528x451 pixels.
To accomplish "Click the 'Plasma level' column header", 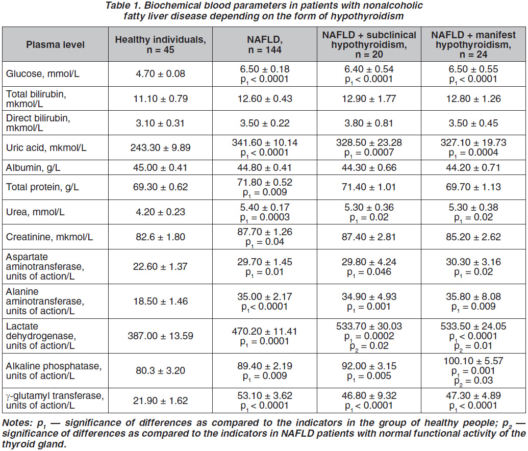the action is [x=55, y=45].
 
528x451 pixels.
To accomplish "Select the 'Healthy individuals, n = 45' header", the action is [x=160, y=44].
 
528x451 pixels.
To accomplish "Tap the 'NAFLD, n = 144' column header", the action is [x=265, y=44].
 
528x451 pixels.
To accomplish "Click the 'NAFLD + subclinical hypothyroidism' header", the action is [x=369, y=44].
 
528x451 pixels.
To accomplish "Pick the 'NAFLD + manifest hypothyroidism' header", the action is [x=473, y=44].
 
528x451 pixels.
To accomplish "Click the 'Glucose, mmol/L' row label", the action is [x=43, y=74].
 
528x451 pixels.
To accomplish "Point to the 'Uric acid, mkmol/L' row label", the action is [x=46, y=147].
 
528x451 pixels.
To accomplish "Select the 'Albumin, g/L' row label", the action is [x=33, y=168].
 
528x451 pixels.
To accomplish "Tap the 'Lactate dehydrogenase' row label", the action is [x=41, y=336].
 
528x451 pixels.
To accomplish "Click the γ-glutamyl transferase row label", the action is [x=55, y=400].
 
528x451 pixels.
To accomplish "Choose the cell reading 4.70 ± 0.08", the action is [x=160, y=74].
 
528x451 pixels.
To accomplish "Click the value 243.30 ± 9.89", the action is [x=160, y=147].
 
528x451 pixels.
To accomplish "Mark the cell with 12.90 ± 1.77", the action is [x=369, y=98].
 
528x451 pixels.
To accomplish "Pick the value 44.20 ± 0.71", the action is [x=473, y=168].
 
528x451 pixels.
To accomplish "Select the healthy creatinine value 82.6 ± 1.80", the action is [x=160, y=237].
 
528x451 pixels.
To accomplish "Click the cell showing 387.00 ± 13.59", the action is [x=160, y=336].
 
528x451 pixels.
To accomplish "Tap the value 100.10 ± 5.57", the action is [x=473, y=361].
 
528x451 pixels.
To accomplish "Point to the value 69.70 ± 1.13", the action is [x=473, y=187].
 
